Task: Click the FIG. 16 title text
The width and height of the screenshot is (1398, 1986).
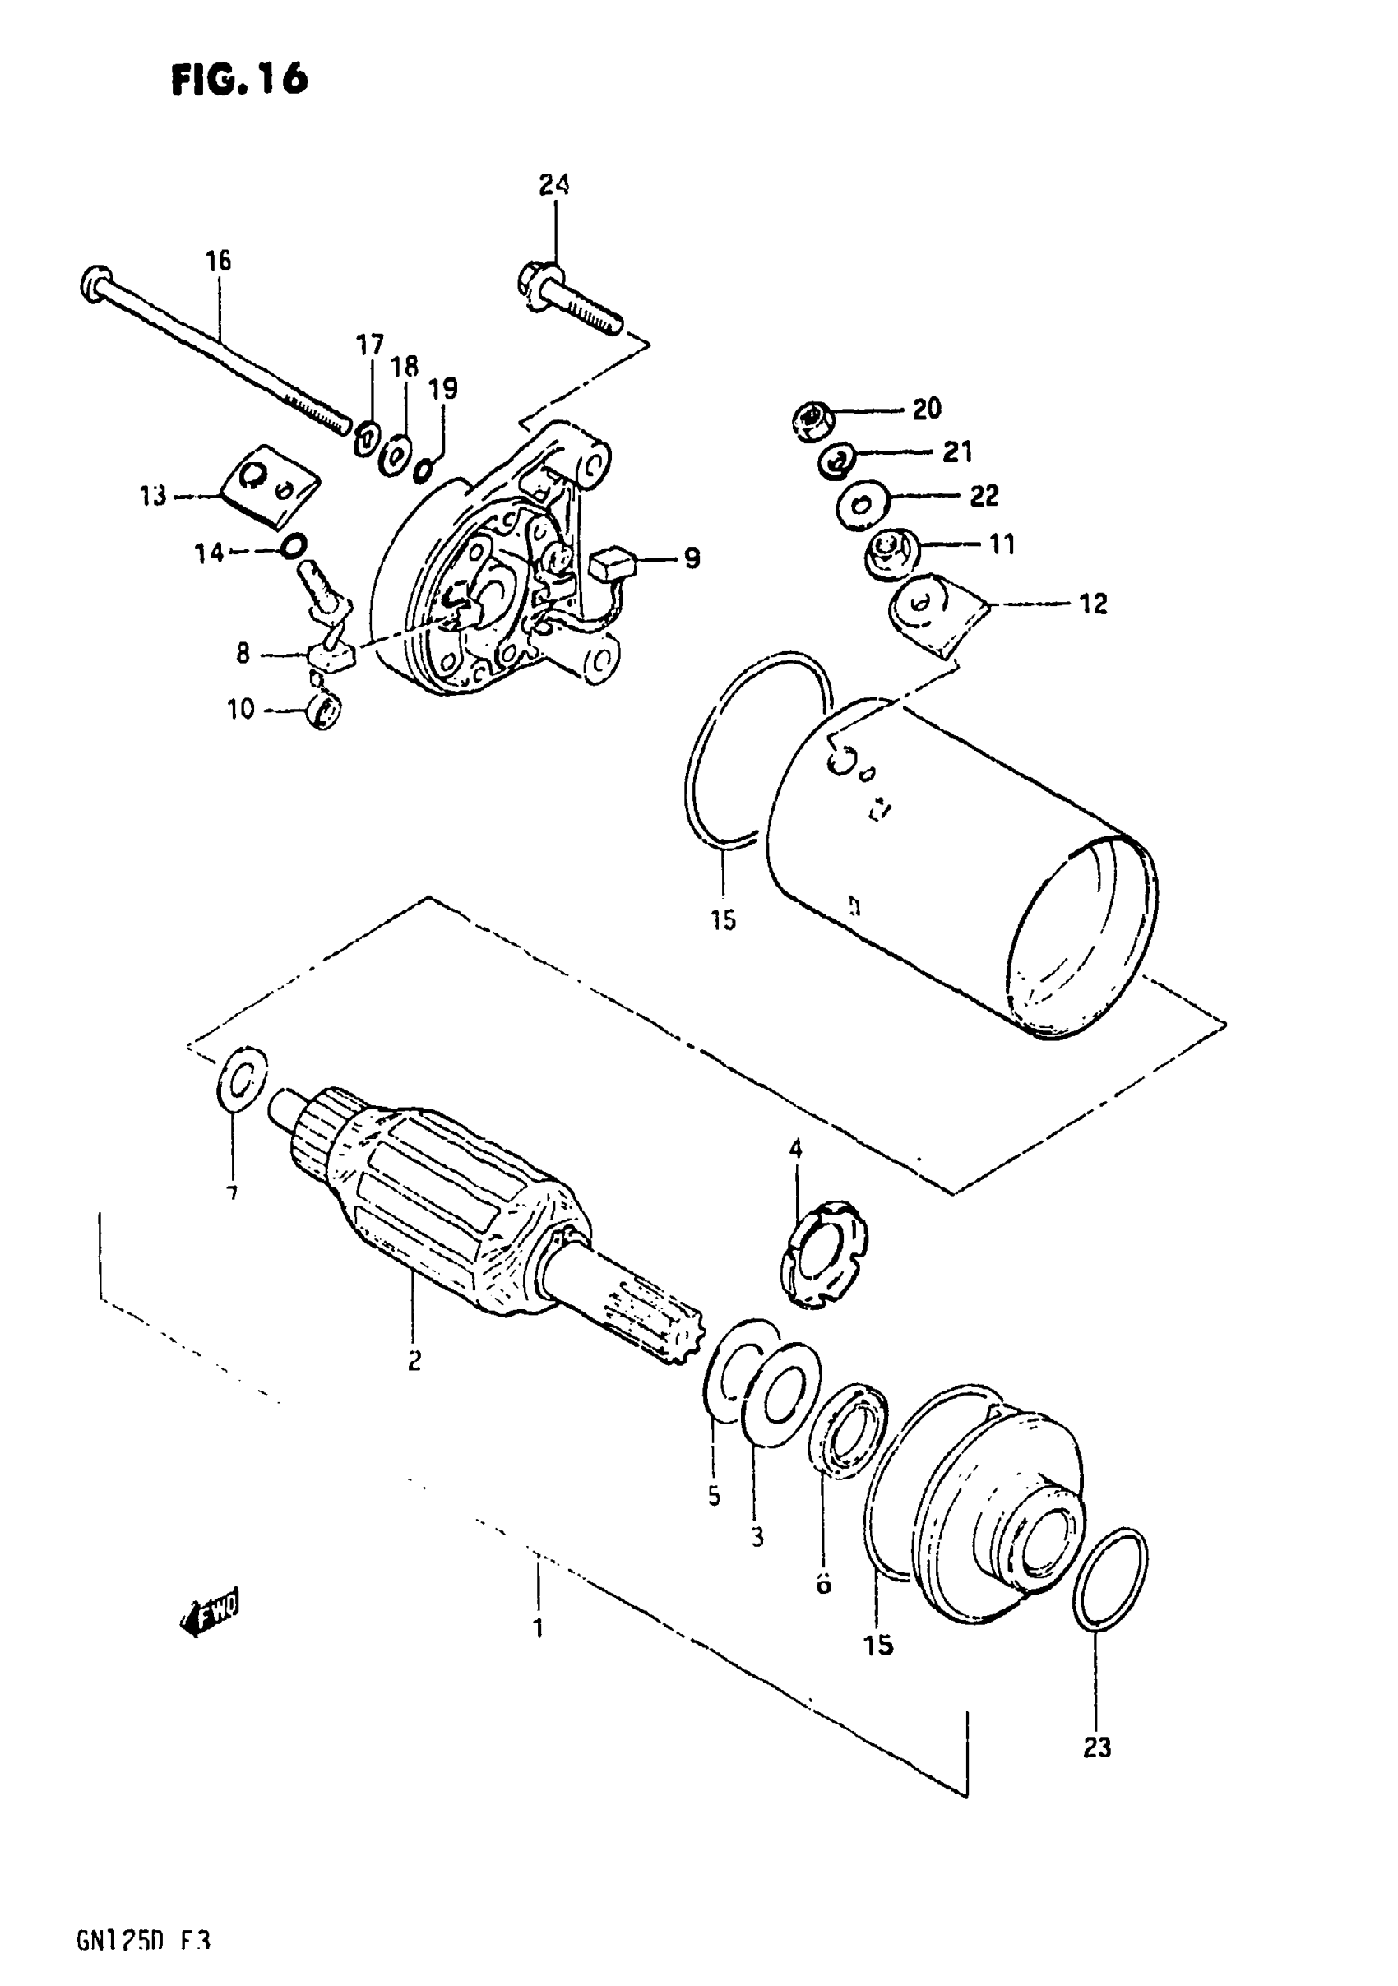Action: point(238,81)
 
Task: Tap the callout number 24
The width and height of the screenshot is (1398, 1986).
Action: point(554,184)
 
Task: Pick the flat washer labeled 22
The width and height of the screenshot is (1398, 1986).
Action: point(861,503)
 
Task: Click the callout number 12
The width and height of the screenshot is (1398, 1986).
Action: point(1094,604)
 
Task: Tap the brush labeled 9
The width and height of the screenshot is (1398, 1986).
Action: point(613,563)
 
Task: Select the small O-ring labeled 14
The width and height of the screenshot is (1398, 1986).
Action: point(294,546)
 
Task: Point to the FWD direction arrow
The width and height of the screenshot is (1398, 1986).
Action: point(212,1613)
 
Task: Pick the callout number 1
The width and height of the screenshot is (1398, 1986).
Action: point(538,1628)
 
